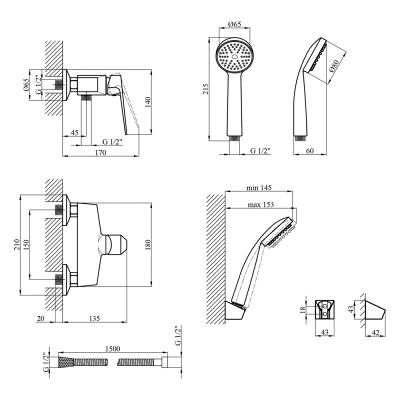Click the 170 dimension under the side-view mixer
coord(100,153)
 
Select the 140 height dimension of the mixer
coord(147,102)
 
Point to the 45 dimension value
coord(74,132)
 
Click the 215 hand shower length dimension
coord(204,88)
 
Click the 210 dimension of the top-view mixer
coord(16,244)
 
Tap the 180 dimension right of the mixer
coord(147,245)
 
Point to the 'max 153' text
coord(260,204)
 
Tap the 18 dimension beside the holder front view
coord(301,310)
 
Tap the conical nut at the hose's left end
coord(66,361)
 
